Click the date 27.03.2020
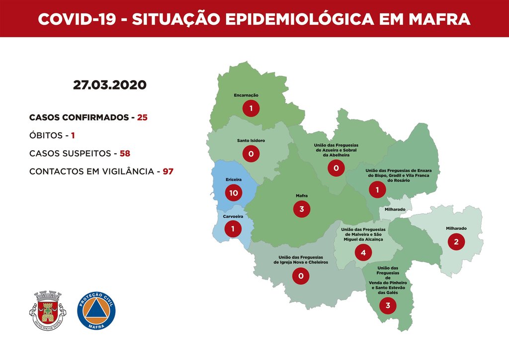(x=110, y=85)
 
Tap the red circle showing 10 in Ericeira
(x=233, y=192)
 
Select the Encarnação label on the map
(x=246, y=95)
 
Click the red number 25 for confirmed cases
(x=143, y=118)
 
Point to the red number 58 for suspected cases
(x=124, y=153)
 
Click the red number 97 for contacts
(x=168, y=171)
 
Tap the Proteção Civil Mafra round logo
(x=96, y=310)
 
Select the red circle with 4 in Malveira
(x=363, y=253)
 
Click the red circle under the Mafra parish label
(x=301, y=209)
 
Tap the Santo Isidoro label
(x=251, y=141)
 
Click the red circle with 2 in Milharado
(x=456, y=242)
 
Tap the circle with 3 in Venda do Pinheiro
(x=388, y=305)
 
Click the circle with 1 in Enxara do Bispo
(x=377, y=189)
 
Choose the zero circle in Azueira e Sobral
(x=336, y=169)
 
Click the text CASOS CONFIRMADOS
(x=79, y=118)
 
